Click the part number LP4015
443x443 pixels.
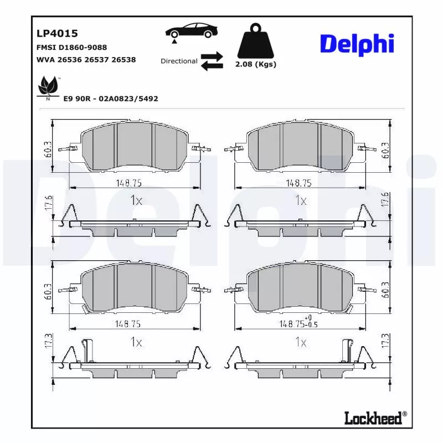click(57, 34)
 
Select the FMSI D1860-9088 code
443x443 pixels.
click(71, 48)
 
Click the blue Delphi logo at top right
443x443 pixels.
click(357, 44)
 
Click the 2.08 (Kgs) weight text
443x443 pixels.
click(255, 64)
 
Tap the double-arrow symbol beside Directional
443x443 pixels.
click(212, 61)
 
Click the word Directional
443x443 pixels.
click(179, 61)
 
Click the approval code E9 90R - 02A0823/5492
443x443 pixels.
click(111, 98)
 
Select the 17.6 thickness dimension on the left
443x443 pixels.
click(48, 203)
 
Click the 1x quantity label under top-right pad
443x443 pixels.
click(301, 200)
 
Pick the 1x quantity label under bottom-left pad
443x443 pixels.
click(136, 342)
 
